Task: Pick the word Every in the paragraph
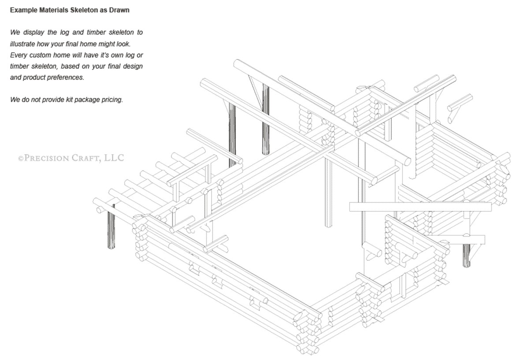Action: pos(18,55)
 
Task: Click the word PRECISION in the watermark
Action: pos(46,158)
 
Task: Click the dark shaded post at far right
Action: pos(466,256)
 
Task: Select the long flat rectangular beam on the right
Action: pos(420,207)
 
